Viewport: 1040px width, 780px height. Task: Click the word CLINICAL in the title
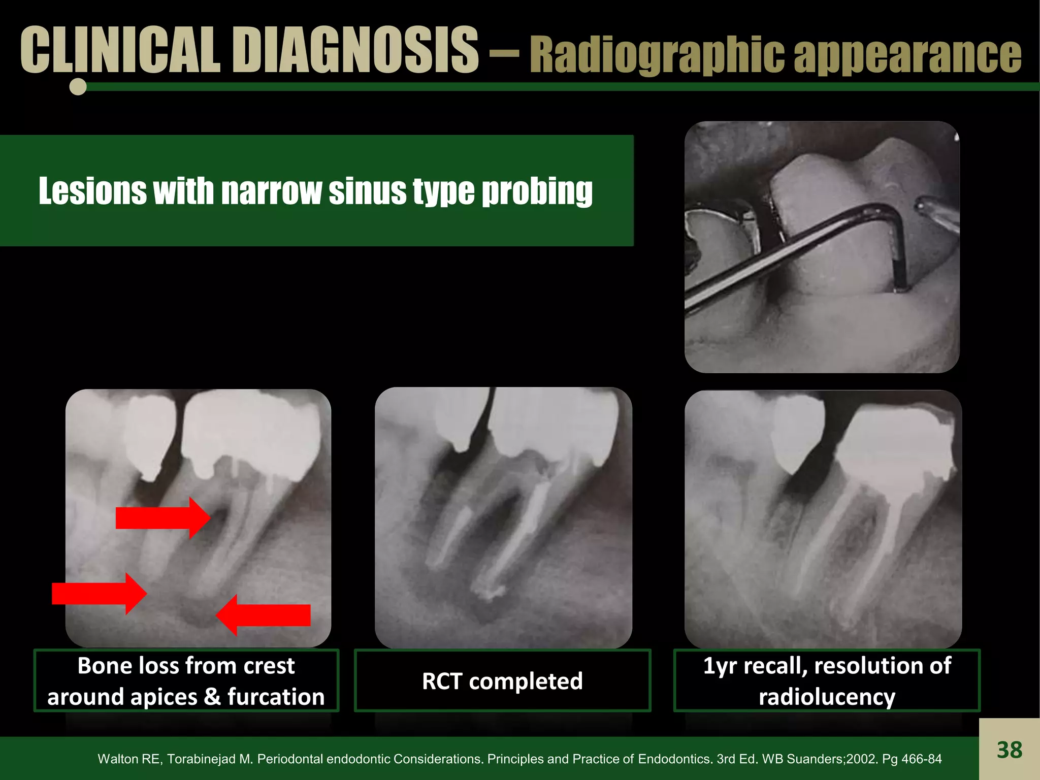(x=120, y=50)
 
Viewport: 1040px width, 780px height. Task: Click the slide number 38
(x=1009, y=750)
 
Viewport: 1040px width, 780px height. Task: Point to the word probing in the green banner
(x=537, y=191)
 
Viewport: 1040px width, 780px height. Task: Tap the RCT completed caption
(x=502, y=681)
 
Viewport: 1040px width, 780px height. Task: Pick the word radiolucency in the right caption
(x=827, y=697)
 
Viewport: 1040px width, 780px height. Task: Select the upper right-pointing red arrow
(x=162, y=518)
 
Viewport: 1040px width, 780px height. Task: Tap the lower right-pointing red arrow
(x=99, y=593)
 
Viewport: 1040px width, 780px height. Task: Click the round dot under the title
(x=78, y=87)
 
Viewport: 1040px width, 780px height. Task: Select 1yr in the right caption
(x=721, y=665)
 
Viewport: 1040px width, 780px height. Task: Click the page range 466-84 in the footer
(x=922, y=759)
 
